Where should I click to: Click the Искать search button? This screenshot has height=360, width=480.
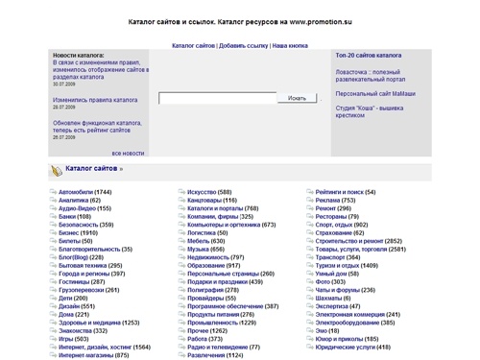pos(297,98)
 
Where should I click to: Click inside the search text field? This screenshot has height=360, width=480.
pos(218,98)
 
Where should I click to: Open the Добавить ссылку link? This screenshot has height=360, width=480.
pos(244,45)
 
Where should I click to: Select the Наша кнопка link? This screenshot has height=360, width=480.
pos(291,45)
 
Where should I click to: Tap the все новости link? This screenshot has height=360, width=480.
pos(128,153)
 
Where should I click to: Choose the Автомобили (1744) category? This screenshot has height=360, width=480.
pos(85,192)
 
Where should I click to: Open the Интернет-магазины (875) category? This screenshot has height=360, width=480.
pos(94,354)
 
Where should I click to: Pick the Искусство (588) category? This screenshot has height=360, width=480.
pos(215,192)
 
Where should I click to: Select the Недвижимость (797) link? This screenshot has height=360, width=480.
pos(216,257)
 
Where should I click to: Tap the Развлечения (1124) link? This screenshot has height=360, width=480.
pos(217,354)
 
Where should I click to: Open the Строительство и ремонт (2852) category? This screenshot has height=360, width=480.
pos(359,241)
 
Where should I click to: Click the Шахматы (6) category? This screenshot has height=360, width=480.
pos(332,298)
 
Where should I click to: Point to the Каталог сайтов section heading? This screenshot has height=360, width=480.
pos(92,169)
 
